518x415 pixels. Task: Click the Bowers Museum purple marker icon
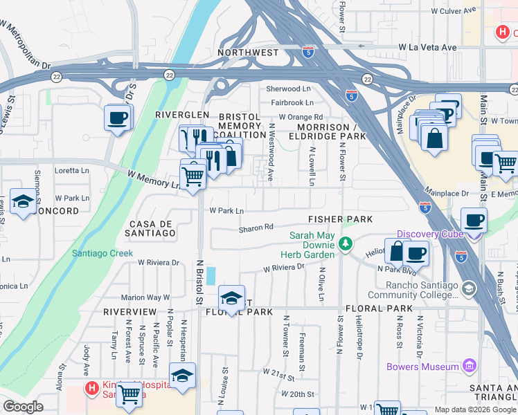click(x=469, y=366)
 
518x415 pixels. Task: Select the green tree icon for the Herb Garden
click(x=344, y=244)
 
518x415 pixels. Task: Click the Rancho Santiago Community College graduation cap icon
click(x=469, y=286)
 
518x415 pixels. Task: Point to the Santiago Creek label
click(x=102, y=253)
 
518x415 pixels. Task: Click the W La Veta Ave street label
click(x=427, y=47)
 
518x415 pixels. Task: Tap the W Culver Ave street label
click(x=454, y=10)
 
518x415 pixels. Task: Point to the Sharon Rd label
click(x=256, y=226)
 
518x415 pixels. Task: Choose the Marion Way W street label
click(x=145, y=297)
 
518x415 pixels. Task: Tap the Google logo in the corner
click(x=24, y=407)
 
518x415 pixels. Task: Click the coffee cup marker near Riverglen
click(x=118, y=117)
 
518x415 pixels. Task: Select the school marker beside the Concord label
click(x=23, y=203)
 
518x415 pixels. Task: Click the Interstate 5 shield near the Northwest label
click(x=307, y=51)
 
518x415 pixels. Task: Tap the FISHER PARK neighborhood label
click(x=340, y=219)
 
